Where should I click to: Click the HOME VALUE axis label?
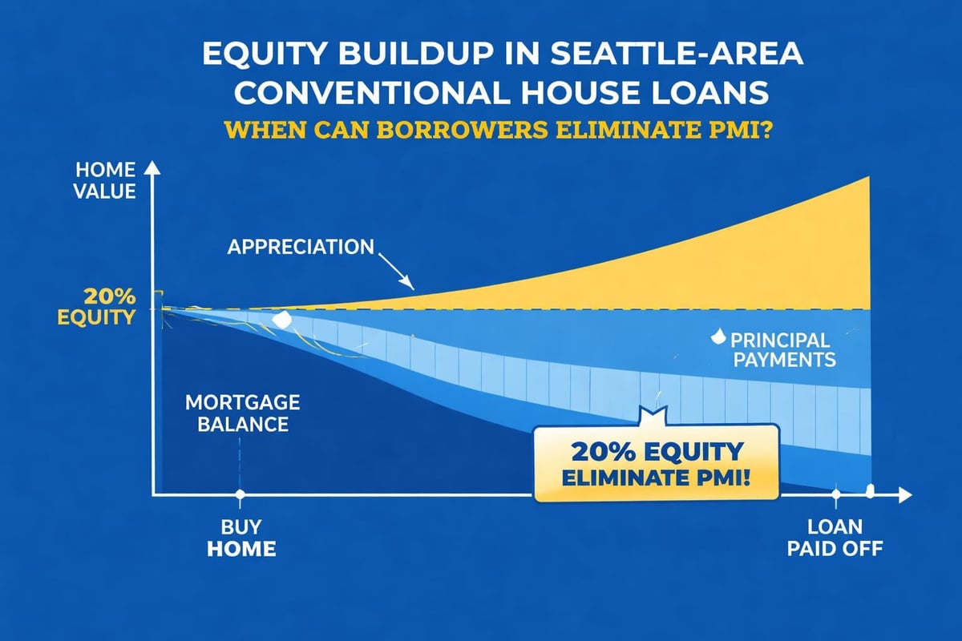click(106, 181)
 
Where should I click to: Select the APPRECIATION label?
click(301, 246)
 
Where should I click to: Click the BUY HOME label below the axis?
click(240, 538)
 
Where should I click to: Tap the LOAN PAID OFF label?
click(835, 538)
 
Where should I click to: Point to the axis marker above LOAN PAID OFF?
click(836, 495)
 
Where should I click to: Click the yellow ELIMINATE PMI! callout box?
click(656, 463)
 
